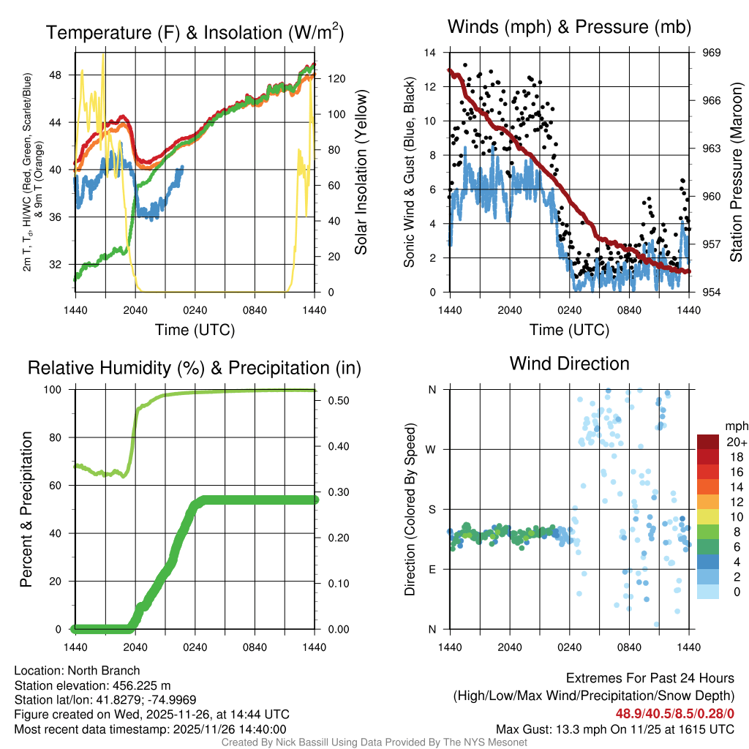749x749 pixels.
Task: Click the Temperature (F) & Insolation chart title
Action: [x=195, y=32]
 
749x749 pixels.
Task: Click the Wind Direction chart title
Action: [x=569, y=364]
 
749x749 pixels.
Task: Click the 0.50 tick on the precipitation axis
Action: [x=336, y=401]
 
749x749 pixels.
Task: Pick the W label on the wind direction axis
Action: [x=432, y=449]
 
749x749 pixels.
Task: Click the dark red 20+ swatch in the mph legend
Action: [x=710, y=442]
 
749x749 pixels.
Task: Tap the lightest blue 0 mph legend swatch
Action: [x=710, y=592]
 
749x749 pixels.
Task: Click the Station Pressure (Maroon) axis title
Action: [x=737, y=172]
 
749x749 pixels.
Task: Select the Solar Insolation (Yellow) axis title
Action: [x=361, y=172]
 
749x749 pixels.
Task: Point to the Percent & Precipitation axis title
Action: [x=26, y=509]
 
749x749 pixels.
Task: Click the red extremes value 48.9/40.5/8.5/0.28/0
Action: [x=674, y=713]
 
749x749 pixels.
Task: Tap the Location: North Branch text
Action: [x=77, y=671]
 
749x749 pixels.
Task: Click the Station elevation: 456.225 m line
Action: [x=92, y=685]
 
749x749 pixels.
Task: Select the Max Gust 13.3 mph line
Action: [x=614, y=729]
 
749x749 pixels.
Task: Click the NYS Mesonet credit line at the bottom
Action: [x=374, y=742]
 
